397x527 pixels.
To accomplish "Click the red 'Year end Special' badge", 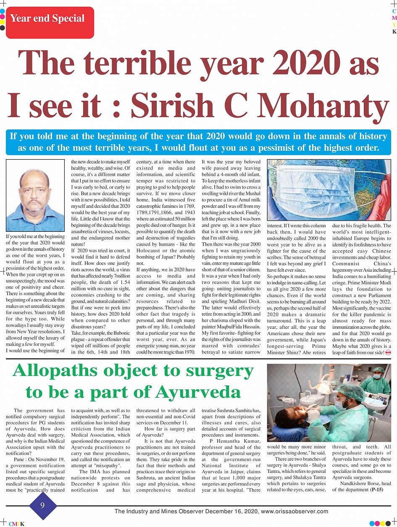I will [47, 19].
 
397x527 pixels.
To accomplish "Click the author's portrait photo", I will [36, 196].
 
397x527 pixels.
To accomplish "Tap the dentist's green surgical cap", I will [351, 392].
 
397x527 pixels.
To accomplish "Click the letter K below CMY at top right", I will [394, 32].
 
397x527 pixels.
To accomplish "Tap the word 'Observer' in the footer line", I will [202, 511].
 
